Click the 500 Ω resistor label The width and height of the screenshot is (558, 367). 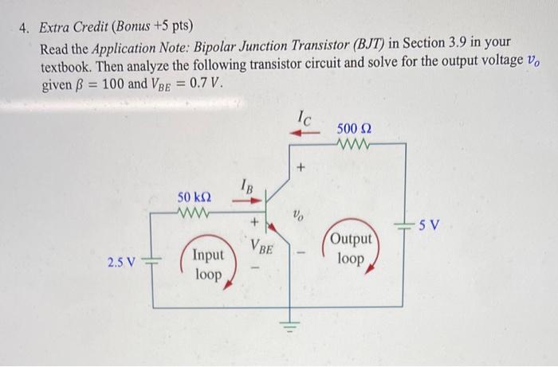point(353,128)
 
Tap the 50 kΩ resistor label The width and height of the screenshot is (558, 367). point(195,197)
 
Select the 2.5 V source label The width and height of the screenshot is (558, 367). point(120,262)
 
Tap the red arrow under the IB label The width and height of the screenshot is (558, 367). point(244,201)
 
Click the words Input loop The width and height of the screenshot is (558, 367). point(207,264)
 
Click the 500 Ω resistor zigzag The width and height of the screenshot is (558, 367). point(352,145)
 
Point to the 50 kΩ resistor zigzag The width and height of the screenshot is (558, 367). point(194,213)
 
